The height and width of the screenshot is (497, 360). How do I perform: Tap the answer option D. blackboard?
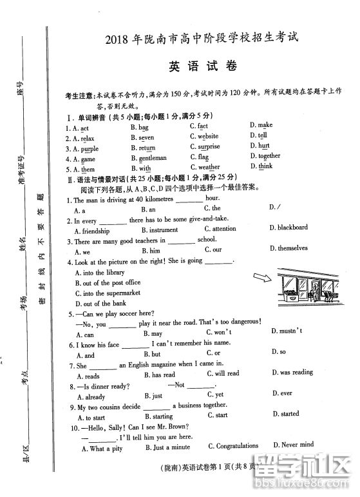288,228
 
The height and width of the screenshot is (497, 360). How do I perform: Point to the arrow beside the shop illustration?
261,277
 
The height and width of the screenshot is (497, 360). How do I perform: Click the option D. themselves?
289,248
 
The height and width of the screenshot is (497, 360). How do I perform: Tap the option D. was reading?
292,373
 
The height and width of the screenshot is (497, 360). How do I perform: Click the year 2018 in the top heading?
118,39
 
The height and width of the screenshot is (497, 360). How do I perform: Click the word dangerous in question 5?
241,322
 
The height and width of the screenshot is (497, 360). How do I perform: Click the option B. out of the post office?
108,283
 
